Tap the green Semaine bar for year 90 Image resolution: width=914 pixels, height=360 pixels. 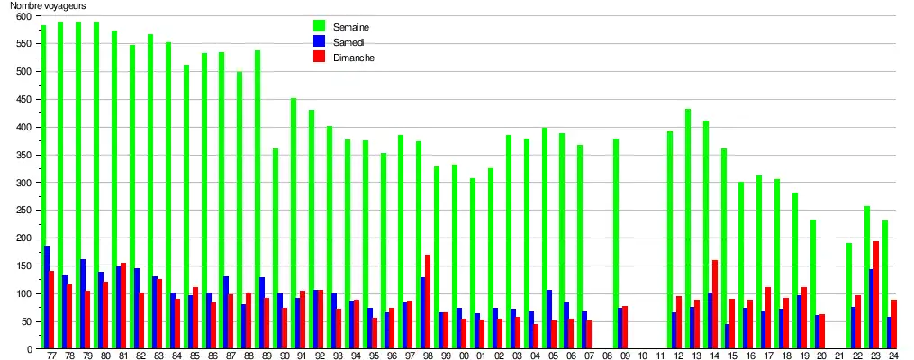point(276,248)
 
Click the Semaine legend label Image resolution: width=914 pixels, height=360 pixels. point(351,27)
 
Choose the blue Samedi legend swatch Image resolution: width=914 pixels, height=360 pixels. point(319,41)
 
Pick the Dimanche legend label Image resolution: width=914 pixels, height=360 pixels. point(354,58)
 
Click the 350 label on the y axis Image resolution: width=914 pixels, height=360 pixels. point(24,155)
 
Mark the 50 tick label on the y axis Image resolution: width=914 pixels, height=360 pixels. point(27,321)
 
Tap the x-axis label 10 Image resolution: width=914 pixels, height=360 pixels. point(642,356)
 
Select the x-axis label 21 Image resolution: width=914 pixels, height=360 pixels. point(839,356)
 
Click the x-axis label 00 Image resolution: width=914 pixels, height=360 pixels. point(464,356)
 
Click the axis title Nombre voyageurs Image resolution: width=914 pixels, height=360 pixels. point(47,5)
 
